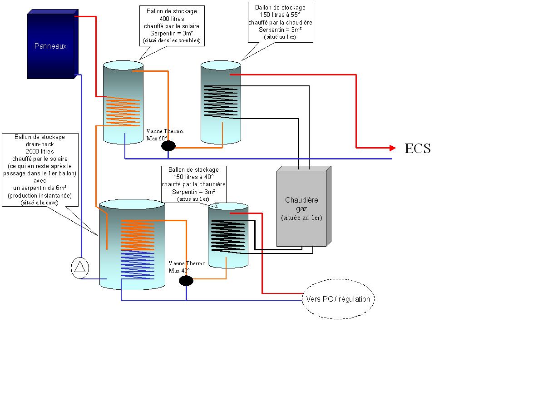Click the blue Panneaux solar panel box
(53, 44)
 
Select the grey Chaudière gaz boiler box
(304, 206)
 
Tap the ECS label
(417, 148)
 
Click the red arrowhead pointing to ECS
(393, 148)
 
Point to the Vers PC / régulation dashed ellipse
(338, 299)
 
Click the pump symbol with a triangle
(80, 267)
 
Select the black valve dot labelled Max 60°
(168, 146)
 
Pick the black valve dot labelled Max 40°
(186, 281)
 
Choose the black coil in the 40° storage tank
(228, 236)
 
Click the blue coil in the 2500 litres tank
(137, 264)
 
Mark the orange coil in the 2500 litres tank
(137, 235)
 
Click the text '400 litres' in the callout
(172, 19)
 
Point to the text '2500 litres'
(40, 151)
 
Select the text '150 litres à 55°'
(280, 15)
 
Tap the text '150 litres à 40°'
(193, 177)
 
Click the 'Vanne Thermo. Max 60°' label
(165, 134)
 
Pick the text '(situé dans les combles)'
(172, 40)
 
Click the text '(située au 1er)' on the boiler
(301, 218)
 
